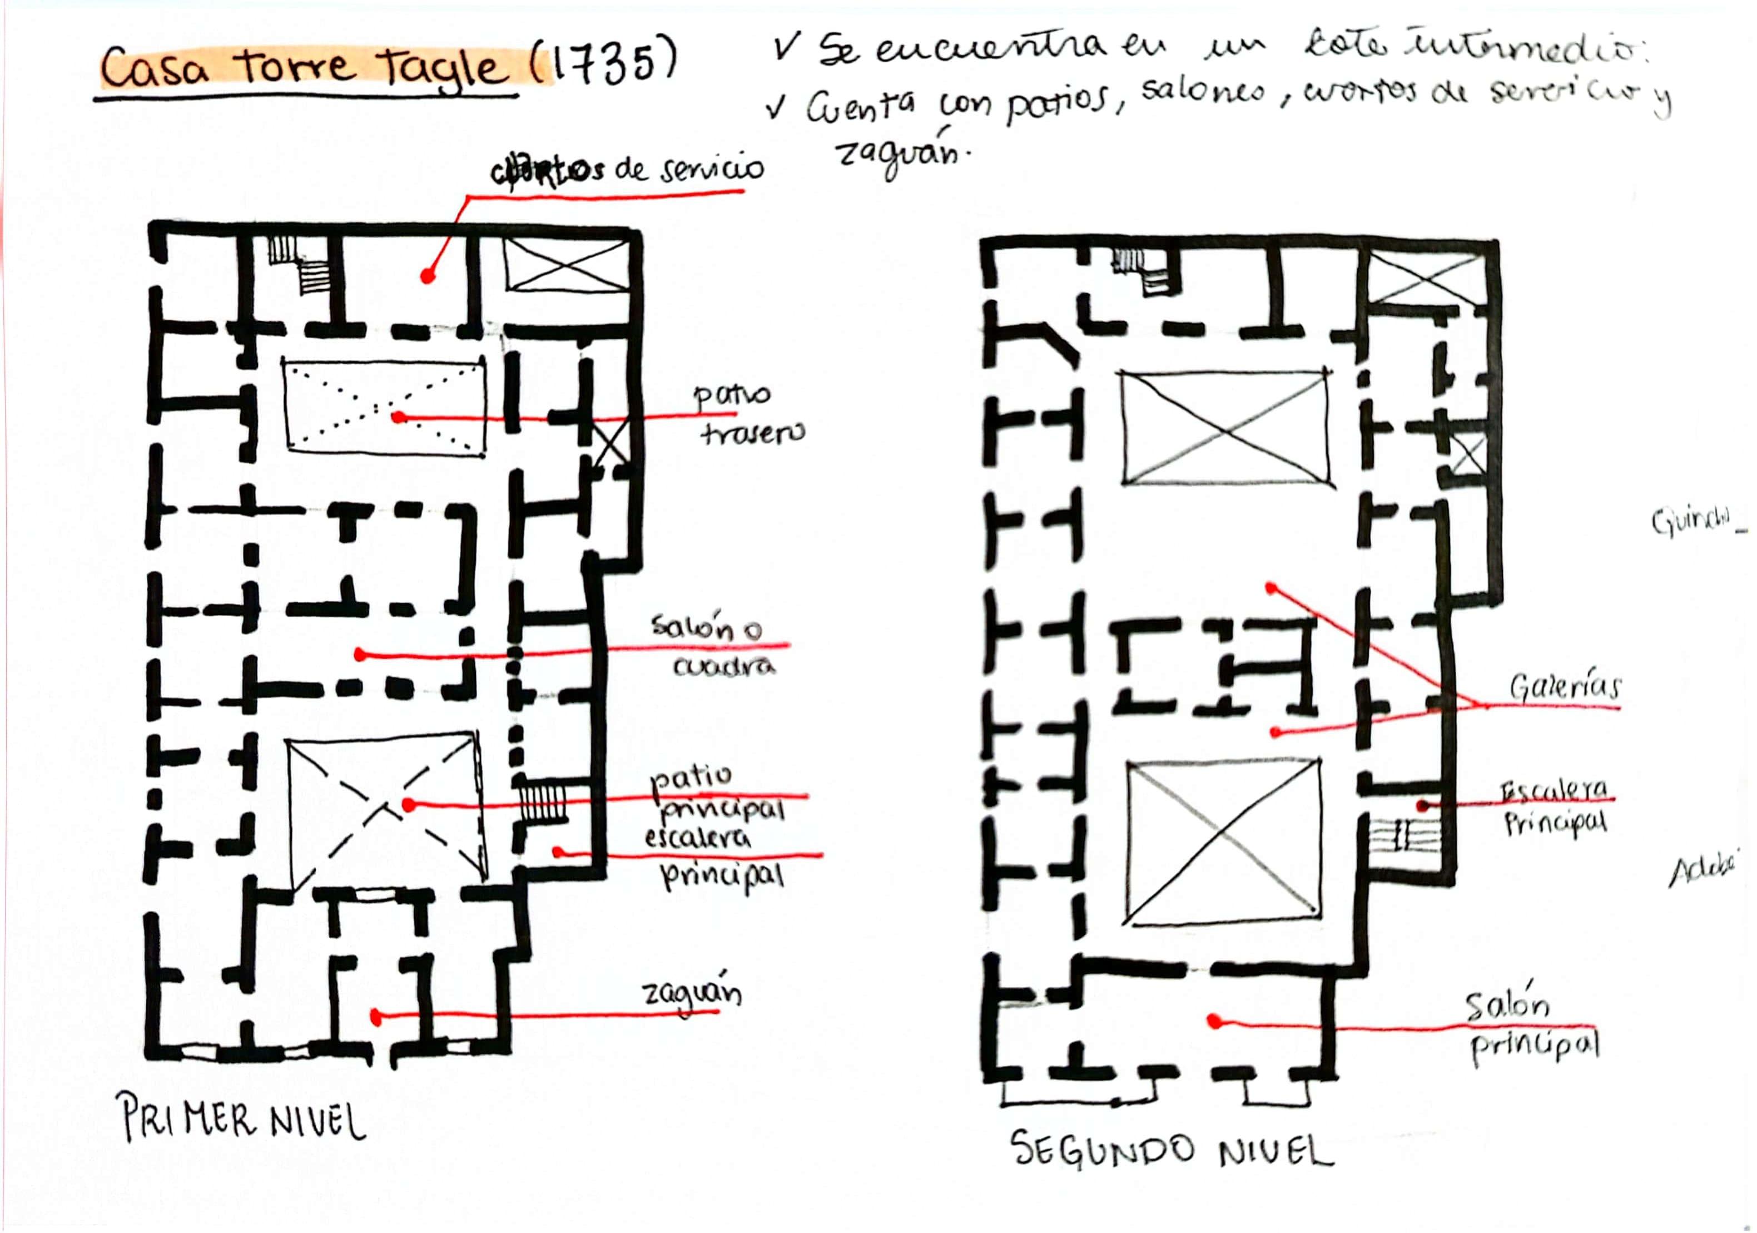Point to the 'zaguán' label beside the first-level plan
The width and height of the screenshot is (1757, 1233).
(x=692, y=994)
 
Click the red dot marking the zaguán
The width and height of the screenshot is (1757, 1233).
(x=376, y=1017)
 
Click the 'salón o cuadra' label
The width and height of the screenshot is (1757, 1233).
(x=716, y=647)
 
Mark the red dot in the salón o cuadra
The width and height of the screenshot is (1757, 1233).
(x=360, y=655)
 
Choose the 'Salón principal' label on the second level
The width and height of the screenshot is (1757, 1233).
(x=1531, y=1026)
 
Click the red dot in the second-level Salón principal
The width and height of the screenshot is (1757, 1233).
(x=1214, y=1021)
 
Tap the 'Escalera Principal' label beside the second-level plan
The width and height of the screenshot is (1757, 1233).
(x=1553, y=808)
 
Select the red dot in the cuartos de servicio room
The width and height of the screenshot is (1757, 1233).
(x=428, y=275)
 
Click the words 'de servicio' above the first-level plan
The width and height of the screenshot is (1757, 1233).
(x=689, y=169)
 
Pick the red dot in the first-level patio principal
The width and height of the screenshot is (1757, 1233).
(x=409, y=805)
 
